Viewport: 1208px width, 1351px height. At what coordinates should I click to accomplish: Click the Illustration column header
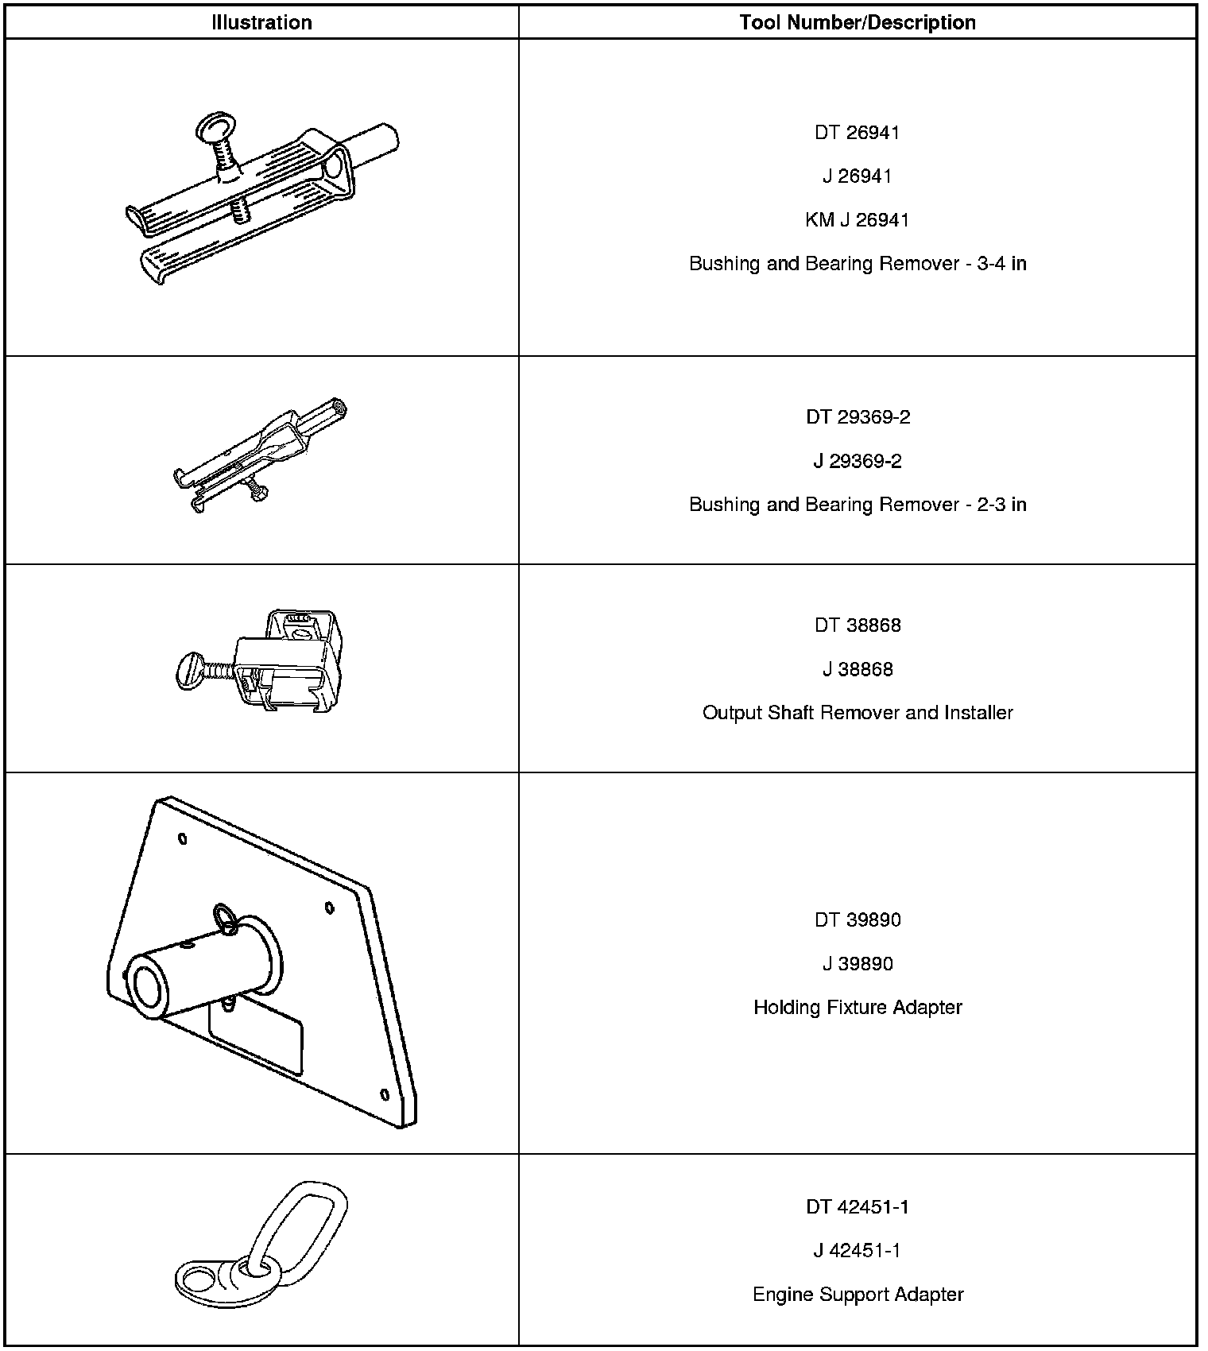pyautogui.click(x=261, y=22)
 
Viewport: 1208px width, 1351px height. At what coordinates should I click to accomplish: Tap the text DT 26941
pyautogui.click(x=857, y=133)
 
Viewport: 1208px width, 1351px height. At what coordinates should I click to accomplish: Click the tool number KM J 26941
pyautogui.click(x=857, y=220)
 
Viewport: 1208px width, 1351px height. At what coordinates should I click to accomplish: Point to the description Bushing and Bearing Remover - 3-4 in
pyautogui.click(x=857, y=264)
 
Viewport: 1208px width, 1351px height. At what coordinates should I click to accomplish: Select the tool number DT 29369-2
pyautogui.click(x=857, y=417)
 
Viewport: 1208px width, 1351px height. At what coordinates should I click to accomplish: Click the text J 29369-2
pyautogui.click(x=857, y=462)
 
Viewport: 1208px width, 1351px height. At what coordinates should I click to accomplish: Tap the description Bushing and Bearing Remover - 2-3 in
pyautogui.click(x=857, y=505)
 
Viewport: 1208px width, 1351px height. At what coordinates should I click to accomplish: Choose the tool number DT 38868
pyautogui.click(x=857, y=625)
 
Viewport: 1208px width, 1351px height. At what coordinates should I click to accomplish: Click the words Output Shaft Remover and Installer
pyautogui.click(x=857, y=713)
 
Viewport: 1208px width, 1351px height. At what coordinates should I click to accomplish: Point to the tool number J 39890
pyautogui.click(x=857, y=964)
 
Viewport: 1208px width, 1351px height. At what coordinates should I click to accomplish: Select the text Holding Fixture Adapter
pyautogui.click(x=857, y=1008)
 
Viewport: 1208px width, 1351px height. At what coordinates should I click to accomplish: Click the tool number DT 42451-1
pyautogui.click(x=857, y=1207)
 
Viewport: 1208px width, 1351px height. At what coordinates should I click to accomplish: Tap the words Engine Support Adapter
pyautogui.click(x=857, y=1295)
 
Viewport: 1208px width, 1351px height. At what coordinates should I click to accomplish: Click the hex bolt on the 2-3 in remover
pyautogui.click(x=256, y=490)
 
